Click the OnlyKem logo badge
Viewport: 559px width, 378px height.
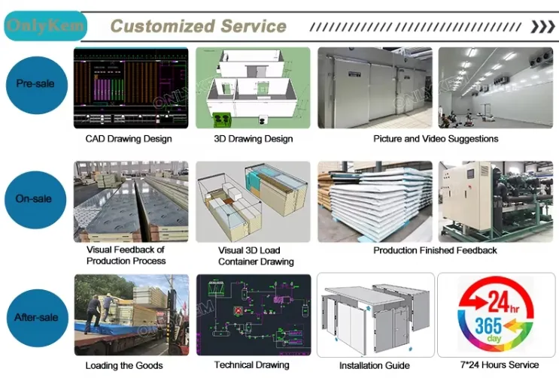click(x=44, y=26)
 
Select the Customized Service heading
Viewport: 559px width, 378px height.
click(x=198, y=26)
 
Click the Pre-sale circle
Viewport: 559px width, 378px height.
click(x=35, y=83)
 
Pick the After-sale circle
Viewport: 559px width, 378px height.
click(x=35, y=317)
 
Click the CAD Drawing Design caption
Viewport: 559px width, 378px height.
click(x=129, y=139)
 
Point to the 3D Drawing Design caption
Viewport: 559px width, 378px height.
click(x=253, y=139)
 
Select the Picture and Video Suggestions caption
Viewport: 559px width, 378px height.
click(x=436, y=139)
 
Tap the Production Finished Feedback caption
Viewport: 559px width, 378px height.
click(x=436, y=250)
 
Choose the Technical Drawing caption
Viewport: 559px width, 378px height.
click(x=251, y=365)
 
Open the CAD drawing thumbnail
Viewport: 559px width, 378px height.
click(x=131, y=88)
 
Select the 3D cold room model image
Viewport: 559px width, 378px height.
click(x=253, y=88)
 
